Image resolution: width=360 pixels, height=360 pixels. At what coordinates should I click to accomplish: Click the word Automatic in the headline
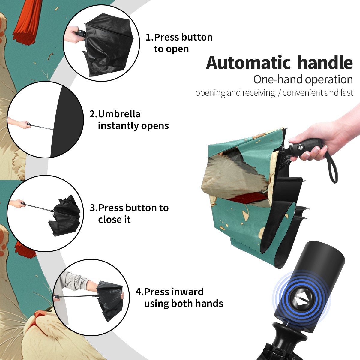[x=248, y=63]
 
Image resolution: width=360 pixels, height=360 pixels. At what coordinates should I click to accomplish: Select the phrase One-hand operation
[x=303, y=79]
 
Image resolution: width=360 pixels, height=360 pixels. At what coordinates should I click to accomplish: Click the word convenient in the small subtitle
[x=303, y=93]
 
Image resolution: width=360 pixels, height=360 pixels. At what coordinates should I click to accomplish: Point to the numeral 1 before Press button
[x=148, y=37]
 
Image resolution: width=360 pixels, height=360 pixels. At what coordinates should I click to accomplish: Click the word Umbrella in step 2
[x=119, y=114]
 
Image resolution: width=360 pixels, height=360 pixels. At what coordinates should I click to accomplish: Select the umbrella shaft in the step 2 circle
[x=42, y=127]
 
